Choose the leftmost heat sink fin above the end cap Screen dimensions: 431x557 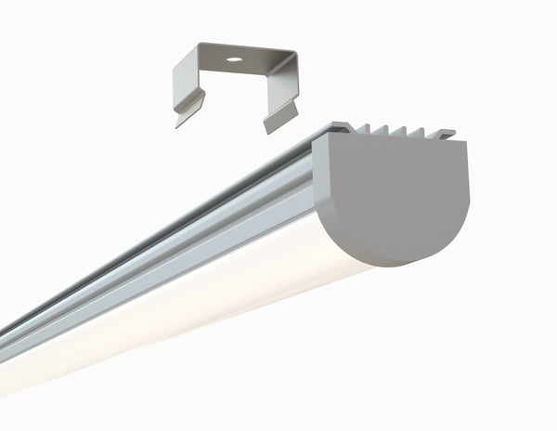pos(368,130)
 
